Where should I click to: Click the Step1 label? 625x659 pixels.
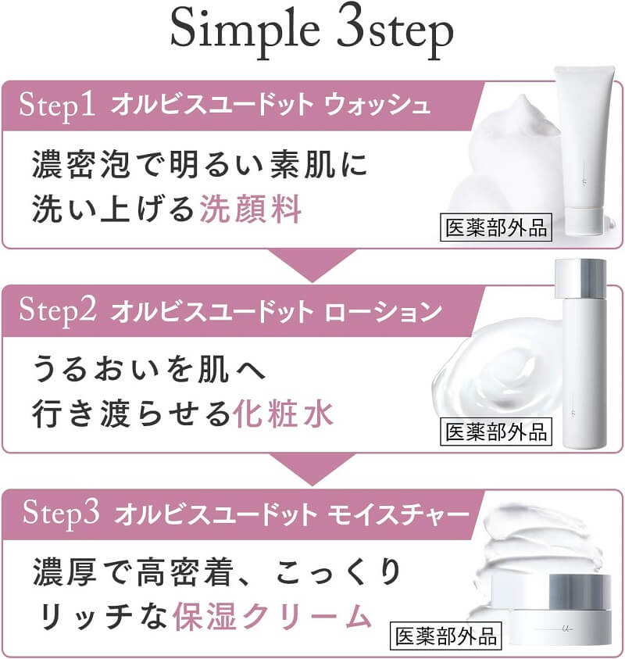point(57,106)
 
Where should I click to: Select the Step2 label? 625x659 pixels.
point(58,310)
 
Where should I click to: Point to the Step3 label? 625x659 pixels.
point(61,514)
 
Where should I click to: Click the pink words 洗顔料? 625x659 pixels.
point(250,209)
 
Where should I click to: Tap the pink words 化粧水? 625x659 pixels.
point(283,414)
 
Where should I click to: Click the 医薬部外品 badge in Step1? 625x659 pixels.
point(496,227)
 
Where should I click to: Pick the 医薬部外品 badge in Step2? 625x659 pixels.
point(496,432)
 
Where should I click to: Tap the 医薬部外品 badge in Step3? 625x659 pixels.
point(446,636)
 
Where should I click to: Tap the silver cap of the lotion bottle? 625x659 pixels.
point(581,278)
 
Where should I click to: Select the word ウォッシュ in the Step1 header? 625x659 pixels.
point(377,105)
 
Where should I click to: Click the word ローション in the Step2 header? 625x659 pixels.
point(384,311)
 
